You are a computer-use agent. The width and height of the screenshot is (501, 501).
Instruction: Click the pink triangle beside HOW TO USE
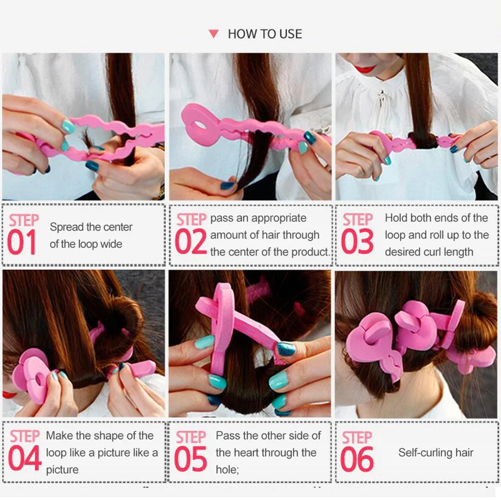point(214,34)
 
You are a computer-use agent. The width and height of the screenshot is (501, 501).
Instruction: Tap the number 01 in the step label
point(22,242)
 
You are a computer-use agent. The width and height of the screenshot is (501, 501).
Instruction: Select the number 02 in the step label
point(191,242)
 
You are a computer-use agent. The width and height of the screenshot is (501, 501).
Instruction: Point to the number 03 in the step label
point(357,242)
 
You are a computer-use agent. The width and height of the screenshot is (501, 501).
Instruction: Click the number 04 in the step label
point(24,459)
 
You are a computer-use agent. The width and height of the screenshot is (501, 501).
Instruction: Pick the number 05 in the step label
point(190,459)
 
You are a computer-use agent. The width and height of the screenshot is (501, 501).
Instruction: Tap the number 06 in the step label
point(357,460)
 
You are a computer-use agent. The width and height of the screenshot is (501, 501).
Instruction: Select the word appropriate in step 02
point(279,219)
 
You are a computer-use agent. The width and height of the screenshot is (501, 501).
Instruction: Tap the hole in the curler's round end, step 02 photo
point(200,124)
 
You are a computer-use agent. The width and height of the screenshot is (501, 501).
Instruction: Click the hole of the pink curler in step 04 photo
point(41,380)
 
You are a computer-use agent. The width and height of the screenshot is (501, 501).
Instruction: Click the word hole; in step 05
point(227,470)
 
